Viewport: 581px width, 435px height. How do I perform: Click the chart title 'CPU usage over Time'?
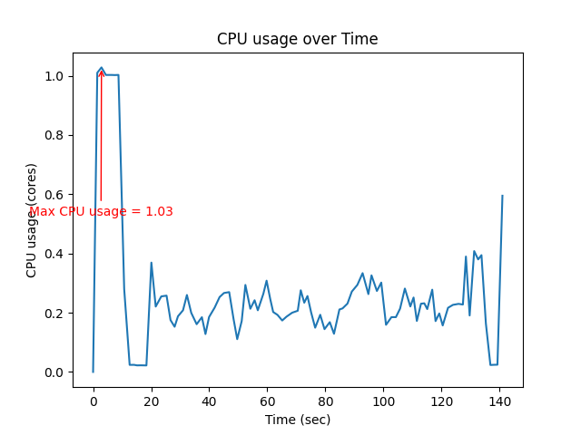coord(297,39)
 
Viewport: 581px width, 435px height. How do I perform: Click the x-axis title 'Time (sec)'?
coord(297,420)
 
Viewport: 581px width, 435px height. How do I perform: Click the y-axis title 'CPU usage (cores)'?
coord(32,220)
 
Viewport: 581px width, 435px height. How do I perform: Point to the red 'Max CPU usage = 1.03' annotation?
coord(101,212)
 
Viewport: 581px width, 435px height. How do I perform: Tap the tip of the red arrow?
coord(102,69)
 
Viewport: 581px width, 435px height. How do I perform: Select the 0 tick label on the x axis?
coord(93,400)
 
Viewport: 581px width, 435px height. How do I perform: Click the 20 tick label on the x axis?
coord(151,400)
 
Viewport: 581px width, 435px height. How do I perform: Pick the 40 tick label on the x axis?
coord(209,400)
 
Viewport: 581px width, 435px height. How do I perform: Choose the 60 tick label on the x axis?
coord(267,400)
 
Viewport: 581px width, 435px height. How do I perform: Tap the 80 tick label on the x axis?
coord(325,400)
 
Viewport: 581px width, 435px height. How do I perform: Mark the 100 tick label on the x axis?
coord(383,400)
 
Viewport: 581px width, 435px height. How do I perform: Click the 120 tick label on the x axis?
coord(441,400)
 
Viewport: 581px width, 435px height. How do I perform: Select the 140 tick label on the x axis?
coord(499,400)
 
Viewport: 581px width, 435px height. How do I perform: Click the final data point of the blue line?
coord(502,196)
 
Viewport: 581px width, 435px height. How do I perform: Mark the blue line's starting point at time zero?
coord(93,372)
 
